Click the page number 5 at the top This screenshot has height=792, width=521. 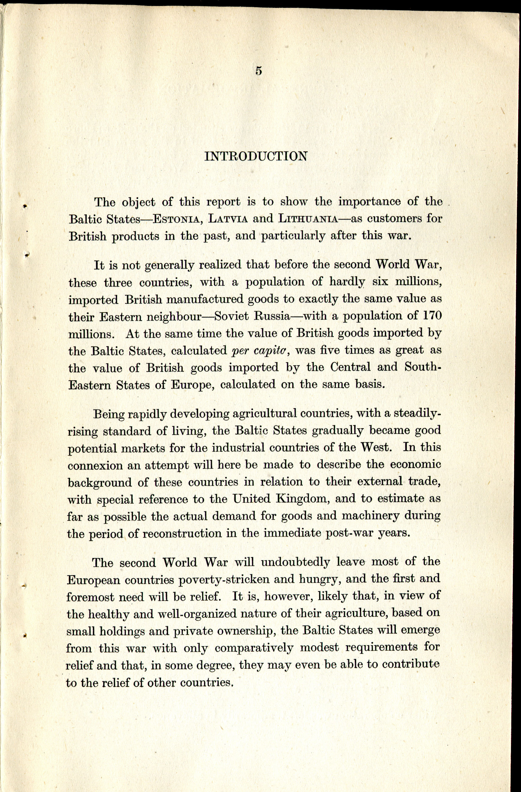click(x=259, y=71)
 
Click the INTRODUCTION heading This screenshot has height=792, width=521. click(x=256, y=156)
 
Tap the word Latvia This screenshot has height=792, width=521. click(x=228, y=219)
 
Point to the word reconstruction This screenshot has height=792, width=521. click(x=182, y=533)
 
